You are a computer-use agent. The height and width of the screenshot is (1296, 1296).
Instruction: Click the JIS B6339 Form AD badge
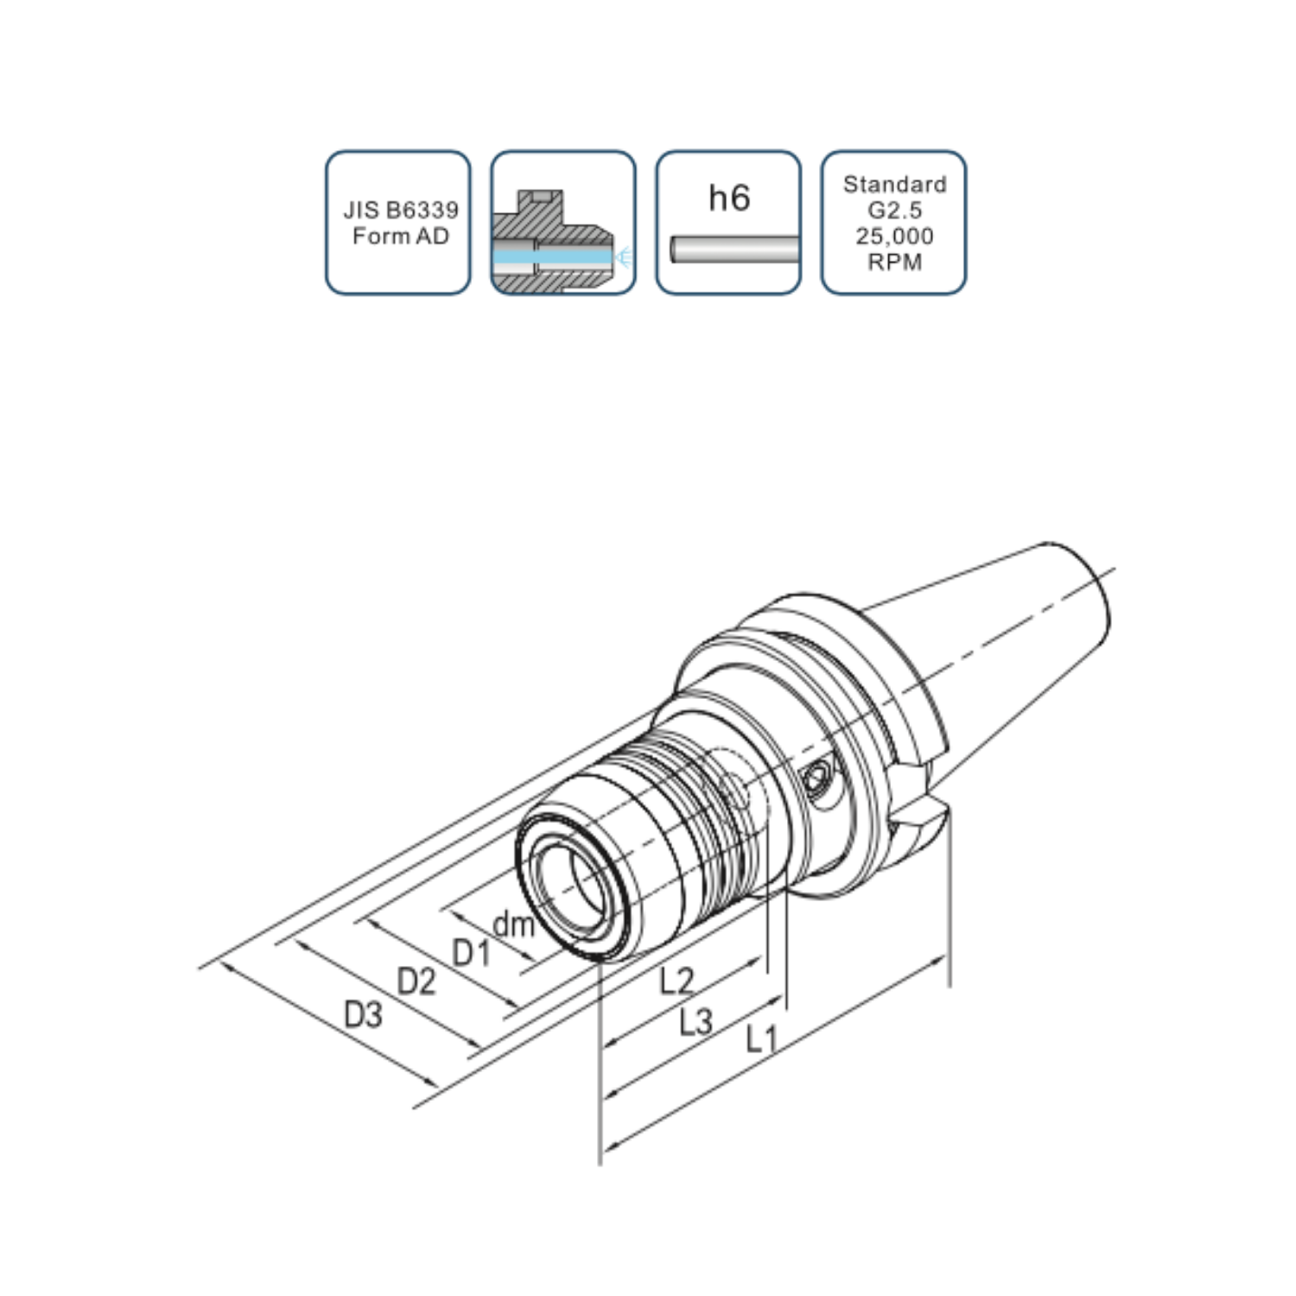[398, 223]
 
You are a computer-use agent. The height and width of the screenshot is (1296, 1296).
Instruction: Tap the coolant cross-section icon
[563, 223]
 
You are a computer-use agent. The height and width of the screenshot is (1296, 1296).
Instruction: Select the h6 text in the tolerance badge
[729, 198]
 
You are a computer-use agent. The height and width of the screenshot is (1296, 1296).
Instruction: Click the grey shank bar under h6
[734, 249]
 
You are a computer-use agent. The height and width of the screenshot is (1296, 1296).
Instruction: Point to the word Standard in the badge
[895, 184]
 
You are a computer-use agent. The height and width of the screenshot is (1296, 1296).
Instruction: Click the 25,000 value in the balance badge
[895, 236]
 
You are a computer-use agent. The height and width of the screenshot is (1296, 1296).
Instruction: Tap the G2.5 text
[895, 210]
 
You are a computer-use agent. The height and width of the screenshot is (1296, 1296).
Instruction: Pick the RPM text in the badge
[895, 262]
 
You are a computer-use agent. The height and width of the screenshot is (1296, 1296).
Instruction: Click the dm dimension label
[513, 925]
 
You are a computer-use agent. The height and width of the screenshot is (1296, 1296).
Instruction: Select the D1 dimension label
[472, 953]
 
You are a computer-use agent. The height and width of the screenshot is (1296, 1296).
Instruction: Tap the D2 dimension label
[416, 982]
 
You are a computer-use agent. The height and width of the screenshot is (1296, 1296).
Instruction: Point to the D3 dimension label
[363, 1014]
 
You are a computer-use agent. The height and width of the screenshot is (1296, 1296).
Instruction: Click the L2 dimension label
[677, 981]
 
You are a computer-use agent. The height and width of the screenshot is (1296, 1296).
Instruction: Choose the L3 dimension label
[696, 1022]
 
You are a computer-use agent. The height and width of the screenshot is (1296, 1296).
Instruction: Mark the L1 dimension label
[762, 1038]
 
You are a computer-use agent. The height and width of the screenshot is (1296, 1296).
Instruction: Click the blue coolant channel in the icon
[553, 257]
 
